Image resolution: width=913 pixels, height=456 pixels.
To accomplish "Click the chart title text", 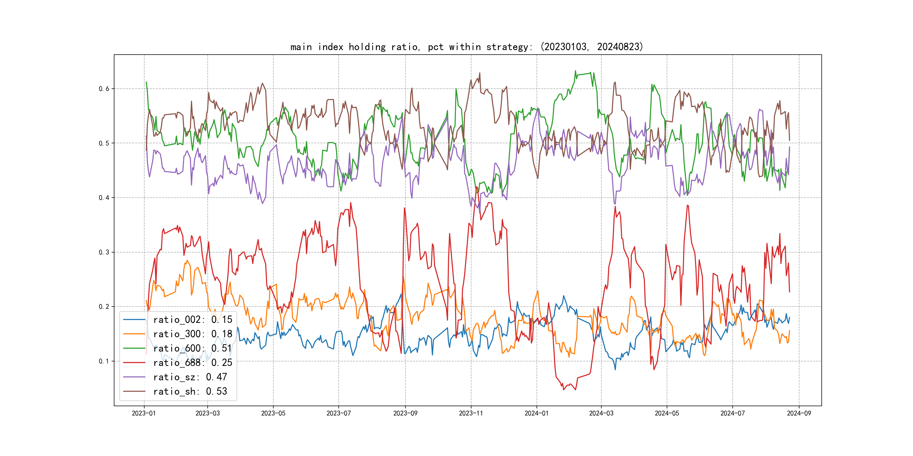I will (x=466, y=47).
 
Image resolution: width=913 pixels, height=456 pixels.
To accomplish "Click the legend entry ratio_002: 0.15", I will (x=192, y=320).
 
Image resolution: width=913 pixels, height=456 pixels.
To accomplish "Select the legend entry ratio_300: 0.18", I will (x=192, y=334).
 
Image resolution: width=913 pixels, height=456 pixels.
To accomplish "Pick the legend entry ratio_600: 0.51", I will (x=192, y=348).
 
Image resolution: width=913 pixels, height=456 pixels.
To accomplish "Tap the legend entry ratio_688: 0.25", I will (x=192, y=363).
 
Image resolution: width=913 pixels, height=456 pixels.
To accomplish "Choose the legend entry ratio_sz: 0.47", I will (x=190, y=377).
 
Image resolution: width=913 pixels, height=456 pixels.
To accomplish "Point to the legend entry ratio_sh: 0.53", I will (x=190, y=391).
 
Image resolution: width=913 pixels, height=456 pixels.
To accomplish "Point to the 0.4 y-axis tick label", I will (x=104, y=198).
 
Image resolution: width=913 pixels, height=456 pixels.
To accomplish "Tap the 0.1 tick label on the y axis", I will (x=104, y=361).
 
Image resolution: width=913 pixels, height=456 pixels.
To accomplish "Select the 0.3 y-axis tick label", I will (x=104, y=252).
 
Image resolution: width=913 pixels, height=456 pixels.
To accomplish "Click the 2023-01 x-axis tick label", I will (x=144, y=413).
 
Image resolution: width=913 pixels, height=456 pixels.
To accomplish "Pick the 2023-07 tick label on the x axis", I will (x=338, y=413).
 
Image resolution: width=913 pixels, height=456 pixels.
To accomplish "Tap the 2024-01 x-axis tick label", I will (x=537, y=413).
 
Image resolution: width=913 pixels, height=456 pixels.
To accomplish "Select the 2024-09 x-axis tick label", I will (x=799, y=413).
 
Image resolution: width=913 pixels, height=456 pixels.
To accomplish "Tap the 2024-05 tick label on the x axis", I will (x=667, y=413).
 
